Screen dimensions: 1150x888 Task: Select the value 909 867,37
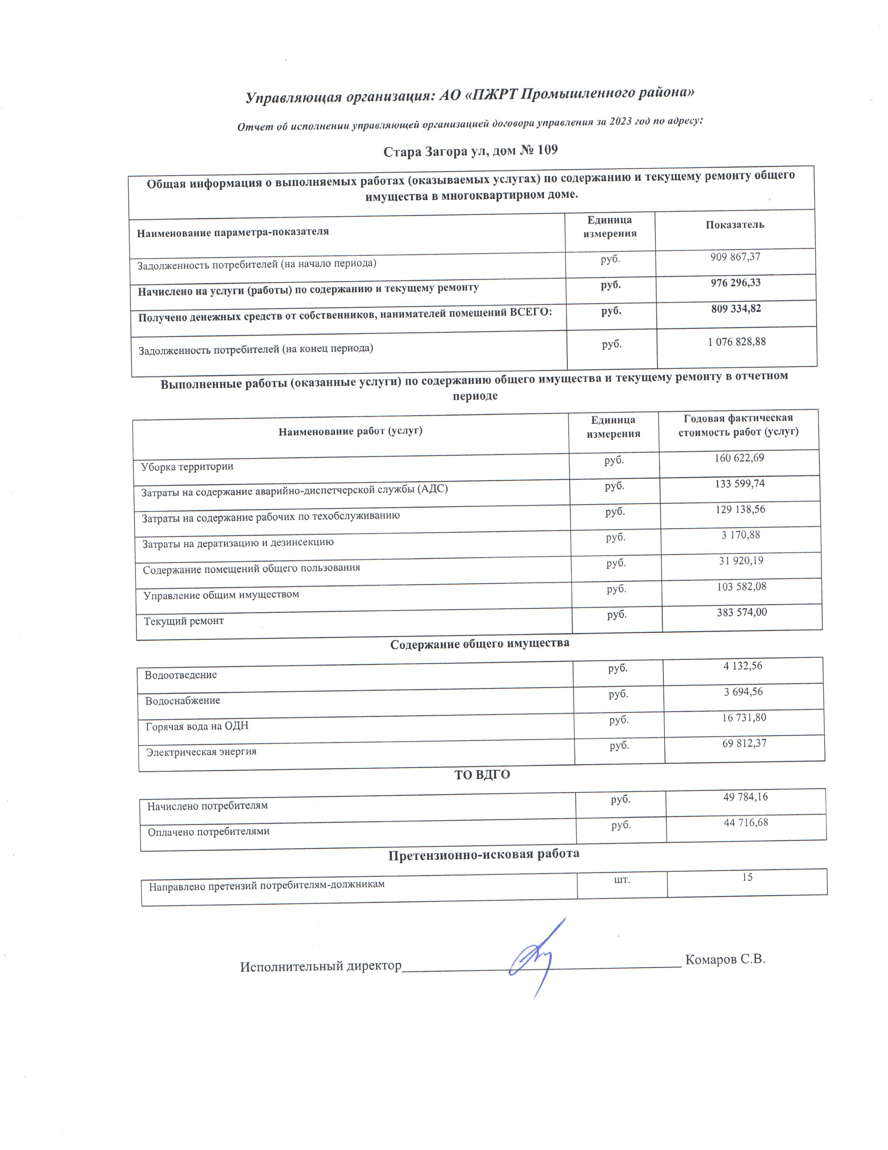pyautogui.click(x=735, y=257)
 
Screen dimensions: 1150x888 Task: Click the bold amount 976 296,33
pyautogui.click(x=735, y=283)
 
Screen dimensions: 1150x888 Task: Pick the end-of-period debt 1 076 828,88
pyautogui.click(x=737, y=342)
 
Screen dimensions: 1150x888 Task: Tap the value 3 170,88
pyautogui.click(x=740, y=535)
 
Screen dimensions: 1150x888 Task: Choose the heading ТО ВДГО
pyautogui.click(x=482, y=775)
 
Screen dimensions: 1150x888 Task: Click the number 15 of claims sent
pyautogui.click(x=747, y=877)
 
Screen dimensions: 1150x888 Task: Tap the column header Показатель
pyautogui.click(x=734, y=225)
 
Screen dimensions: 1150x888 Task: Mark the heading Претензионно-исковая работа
pyautogui.click(x=483, y=853)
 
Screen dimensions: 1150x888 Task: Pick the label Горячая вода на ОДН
pyautogui.click(x=197, y=726)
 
